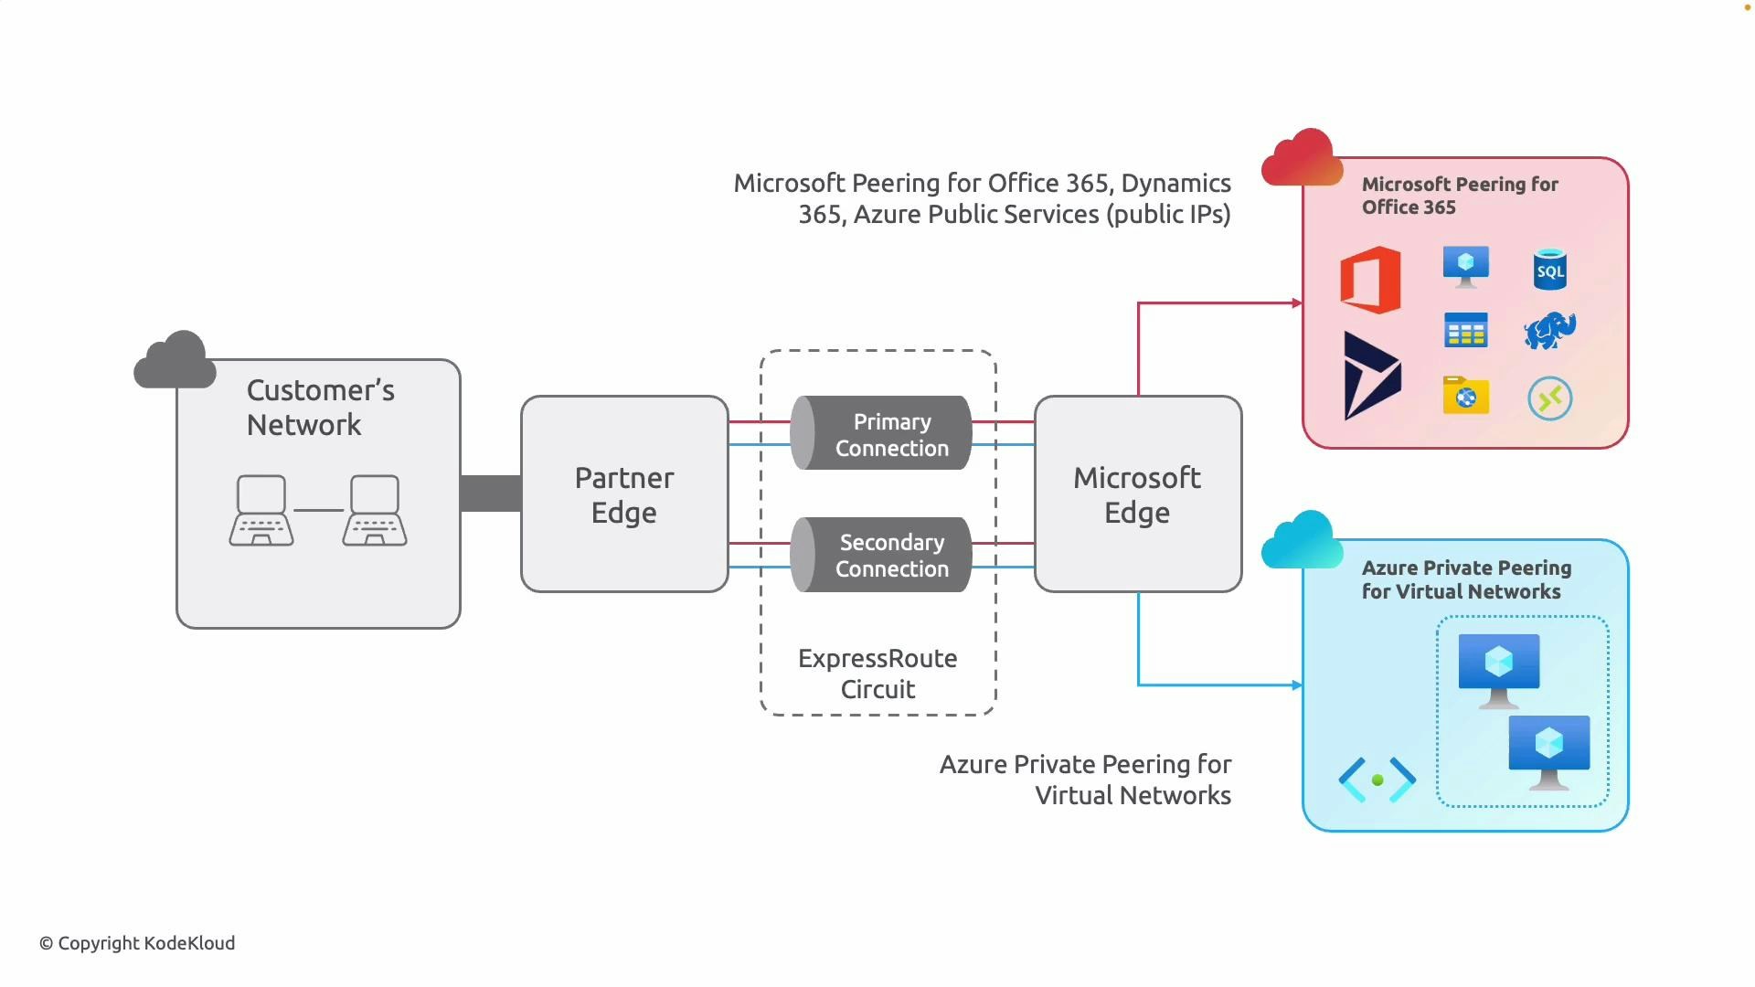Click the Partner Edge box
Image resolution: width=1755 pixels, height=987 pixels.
tap(624, 494)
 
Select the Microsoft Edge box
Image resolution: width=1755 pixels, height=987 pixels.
tap(1137, 494)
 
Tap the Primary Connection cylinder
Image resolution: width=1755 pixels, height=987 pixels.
tap(881, 433)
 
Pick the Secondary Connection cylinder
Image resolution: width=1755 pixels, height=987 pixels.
tap(881, 555)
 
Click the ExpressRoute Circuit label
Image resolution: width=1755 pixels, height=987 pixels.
tap(877, 674)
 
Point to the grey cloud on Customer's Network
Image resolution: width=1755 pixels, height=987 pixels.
tap(175, 360)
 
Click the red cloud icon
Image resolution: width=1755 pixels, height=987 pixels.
tap(1302, 159)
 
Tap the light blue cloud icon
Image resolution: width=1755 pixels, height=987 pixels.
tap(1302, 541)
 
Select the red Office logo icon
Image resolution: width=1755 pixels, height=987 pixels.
tap(1370, 280)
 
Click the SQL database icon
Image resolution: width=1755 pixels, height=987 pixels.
tap(1549, 270)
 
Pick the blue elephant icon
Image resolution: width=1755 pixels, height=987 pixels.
tap(1549, 331)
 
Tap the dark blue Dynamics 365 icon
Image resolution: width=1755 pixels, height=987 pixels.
tap(1371, 377)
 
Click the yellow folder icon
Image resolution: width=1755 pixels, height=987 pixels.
tap(1465, 395)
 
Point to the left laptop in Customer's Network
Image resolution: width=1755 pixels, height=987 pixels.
tap(261, 510)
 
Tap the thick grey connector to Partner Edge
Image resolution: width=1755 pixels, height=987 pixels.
tap(491, 493)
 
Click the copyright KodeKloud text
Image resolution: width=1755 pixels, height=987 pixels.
tap(137, 943)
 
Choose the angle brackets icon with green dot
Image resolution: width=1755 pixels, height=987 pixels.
tap(1377, 780)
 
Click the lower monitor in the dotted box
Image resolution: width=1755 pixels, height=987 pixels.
tap(1548, 751)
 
